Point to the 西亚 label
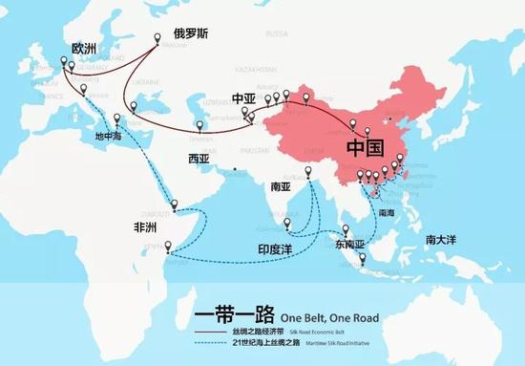point(199,157)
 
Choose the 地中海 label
point(109,136)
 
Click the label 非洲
point(147,227)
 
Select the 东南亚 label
point(350,245)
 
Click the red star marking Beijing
point(385,121)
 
